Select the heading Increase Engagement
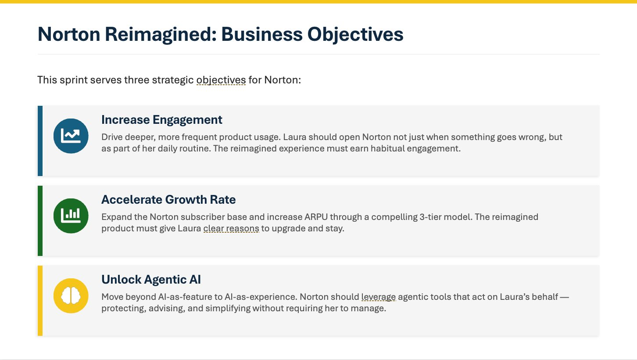pyautogui.click(x=161, y=119)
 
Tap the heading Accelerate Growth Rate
pyautogui.click(x=168, y=200)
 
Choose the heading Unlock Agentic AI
pyautogui.click(x=151, y=280)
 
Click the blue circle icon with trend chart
pyautogui.click(x=71, y=136)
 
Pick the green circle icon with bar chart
pyautogui.click(x=71, y=216)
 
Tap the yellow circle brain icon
pyautogui.click(x=71, y=295)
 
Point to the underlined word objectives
pyautogui.click(x=221, y=80)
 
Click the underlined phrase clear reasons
pyautogui.click(x=231, y=229)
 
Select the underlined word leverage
pyautogui.click(x=379, y=297)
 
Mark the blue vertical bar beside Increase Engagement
pyautogui.click(x=40, y=140)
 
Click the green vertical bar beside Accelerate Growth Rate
pyautogui.click(x=40, y=220)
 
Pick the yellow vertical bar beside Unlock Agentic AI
pyautogui.click(x=40, y=300)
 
